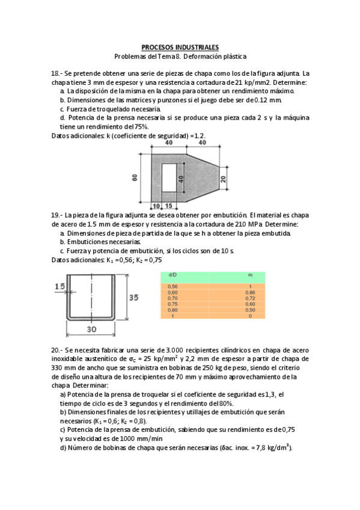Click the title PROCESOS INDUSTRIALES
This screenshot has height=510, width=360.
pyautogui.click(x=180, y=47)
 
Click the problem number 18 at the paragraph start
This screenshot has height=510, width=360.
pyautogui.click(x=56, y=73)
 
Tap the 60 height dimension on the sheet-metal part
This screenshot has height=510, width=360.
pyautogui.click(x=135, y=177)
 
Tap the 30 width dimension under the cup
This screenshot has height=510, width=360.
pyautogui.click(x=91, y=329)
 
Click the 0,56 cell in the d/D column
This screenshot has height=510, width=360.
pyautogui.click(x=173, y=286)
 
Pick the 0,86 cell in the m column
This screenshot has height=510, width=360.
pyautogui.click(x=250, y=292)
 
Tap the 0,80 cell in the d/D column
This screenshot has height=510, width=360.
pyautogui.click(x=173, y=310)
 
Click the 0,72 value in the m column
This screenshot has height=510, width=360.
pyautogui.click(x=250, y=298)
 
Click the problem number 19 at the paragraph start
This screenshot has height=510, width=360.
pyautogui.click(x=56, y=215)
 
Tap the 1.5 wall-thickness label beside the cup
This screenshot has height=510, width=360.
pyautogui.click(x=59, y=287)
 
